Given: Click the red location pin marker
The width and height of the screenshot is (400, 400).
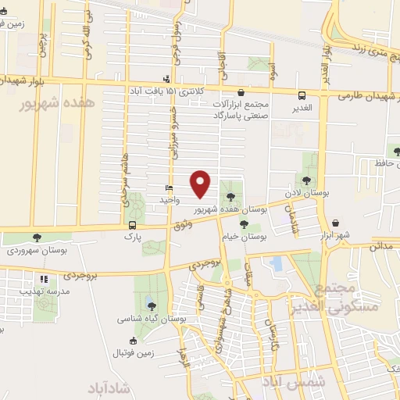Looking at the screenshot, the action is [201, 184].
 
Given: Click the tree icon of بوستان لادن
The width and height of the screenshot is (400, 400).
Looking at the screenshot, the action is [304, 181].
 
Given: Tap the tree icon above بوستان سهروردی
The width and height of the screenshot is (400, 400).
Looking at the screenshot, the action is [37, 237].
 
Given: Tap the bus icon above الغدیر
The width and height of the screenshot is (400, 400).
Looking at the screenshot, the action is [302, 95].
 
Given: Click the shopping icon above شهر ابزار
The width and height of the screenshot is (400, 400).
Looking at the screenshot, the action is [335, 222].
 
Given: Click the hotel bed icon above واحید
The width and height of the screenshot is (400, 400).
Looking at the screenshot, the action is [168, 189].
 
